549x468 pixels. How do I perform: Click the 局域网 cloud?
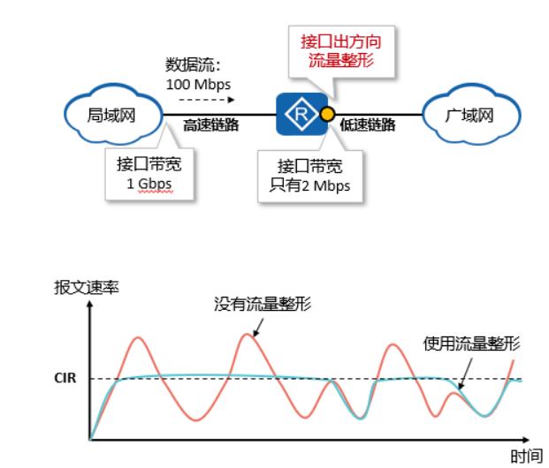point(111,114)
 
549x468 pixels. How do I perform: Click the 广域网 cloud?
point(468,114)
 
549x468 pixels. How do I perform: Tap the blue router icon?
point(300,114)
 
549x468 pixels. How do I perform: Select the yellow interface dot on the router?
point(326,114)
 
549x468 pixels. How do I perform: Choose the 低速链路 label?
point(368,126)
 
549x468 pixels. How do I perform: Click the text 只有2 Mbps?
point(309,185)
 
